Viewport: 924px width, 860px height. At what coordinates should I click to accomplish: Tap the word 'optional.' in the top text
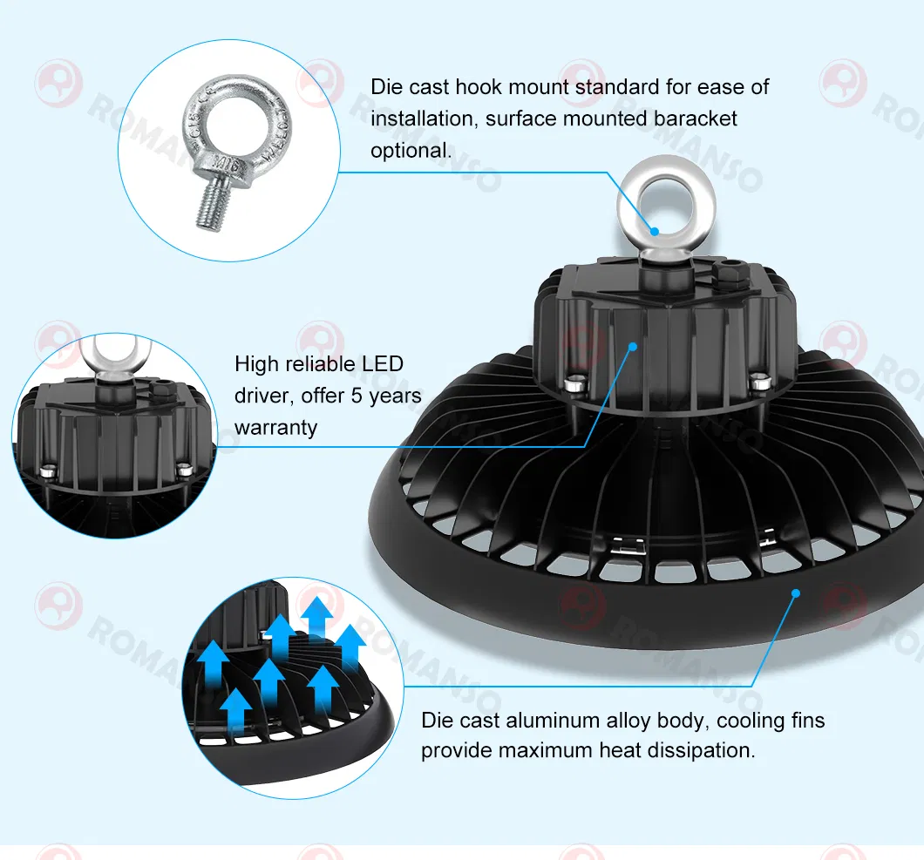[x=411, y=150]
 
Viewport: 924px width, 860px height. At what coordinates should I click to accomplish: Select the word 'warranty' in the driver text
[x=275, y=428]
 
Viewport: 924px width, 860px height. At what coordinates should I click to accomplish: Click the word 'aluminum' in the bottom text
[x=548, y=721]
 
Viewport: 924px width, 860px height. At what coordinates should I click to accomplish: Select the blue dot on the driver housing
[x=633, y=346]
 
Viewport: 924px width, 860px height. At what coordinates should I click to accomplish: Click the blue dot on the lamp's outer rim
[x=795, y=593]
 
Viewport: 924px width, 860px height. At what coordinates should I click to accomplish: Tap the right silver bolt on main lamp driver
[x=759, y=381]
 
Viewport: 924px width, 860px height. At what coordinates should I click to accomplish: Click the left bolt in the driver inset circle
[x=49, y=471]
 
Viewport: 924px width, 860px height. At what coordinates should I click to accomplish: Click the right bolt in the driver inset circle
[x=183, y=469]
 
